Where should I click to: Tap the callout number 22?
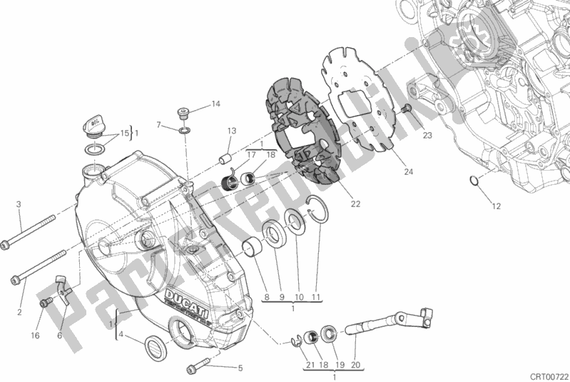click(355, 204)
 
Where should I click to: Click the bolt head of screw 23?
click(406, 109)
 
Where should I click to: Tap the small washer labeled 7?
click(185, 131)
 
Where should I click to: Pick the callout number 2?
click(19, 311)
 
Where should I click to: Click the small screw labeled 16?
click(46, 303)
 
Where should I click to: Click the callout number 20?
click(356, 364)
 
